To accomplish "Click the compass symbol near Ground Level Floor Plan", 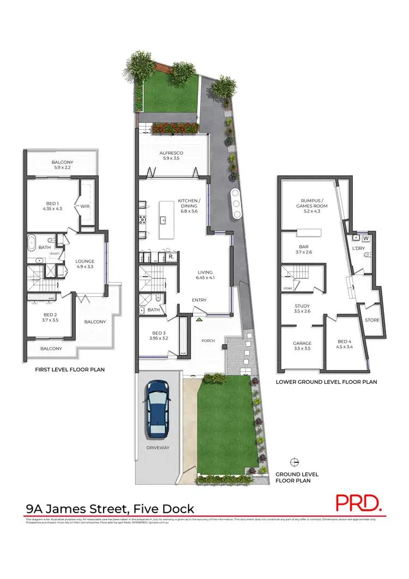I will click(x=295, y=462).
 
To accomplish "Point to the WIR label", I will click(x=85, y=206).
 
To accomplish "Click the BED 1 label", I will click(x=53, y=205).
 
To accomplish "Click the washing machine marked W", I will click(x=365, y=238).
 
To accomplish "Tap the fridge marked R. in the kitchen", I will click(x=171, y=256).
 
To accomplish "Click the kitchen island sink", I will click(x=163, y=220).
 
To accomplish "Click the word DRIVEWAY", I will click(x=158, y=447).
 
